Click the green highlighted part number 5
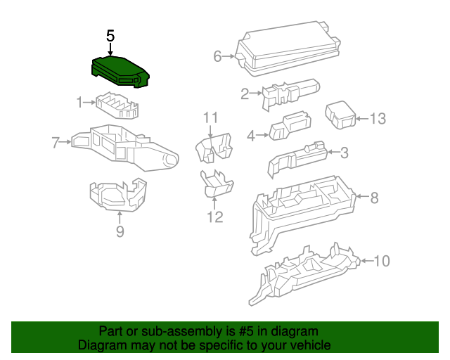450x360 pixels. [120, 72]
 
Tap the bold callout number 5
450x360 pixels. [110, 36]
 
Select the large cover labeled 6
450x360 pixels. [288, 49]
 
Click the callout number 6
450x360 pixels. [217, 56]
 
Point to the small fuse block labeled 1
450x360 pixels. [117, 105]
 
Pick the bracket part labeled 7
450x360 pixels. [125, 148]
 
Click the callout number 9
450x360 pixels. [120, 231]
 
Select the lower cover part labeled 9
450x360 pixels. [118, 194]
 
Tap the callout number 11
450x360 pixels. [211, 117]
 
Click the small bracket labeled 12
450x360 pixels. [217, 184]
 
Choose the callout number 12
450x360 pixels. [215, 217]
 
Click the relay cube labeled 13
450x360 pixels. [340, 115]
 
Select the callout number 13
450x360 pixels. [378, 119]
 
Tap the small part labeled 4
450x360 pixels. [290, 126]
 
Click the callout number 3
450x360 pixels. [345, 153]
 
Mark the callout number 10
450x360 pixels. [382, 261]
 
